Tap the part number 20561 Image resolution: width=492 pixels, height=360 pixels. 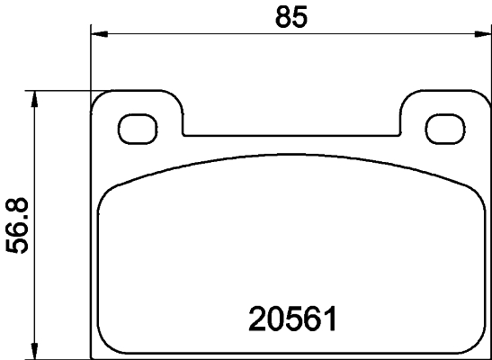coord(291,319)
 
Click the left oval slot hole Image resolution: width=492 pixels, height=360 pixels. coord(137,128)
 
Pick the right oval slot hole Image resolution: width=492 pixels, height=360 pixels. coord(442,128)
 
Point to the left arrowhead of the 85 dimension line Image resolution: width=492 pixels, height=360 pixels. coord(100,35)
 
